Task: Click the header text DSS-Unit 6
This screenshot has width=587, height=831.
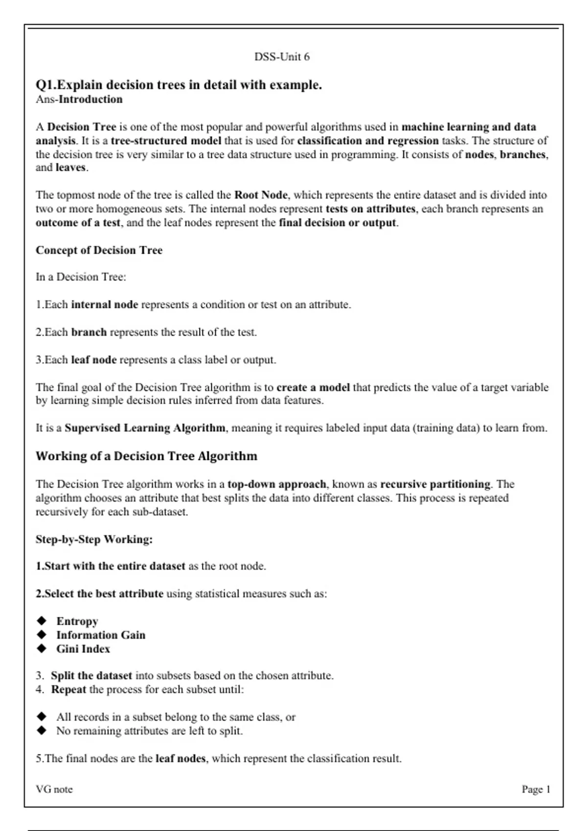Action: [282, 57]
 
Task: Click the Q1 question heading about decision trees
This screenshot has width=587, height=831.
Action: [179, 85]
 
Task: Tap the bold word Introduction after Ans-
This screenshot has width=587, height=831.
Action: [90, 99]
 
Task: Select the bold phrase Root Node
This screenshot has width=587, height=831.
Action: [261, 195]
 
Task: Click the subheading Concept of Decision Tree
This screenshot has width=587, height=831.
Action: [99, 250]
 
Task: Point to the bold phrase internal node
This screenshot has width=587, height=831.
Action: [105, 305]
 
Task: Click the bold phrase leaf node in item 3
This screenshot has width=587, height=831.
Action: [94, 360]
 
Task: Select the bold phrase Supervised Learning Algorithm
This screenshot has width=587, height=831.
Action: [145, 428]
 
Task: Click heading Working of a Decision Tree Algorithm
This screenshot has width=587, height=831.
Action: [146, 456]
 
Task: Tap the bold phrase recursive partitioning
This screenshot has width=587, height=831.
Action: [435, 484]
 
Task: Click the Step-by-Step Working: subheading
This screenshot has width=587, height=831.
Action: [94, 539]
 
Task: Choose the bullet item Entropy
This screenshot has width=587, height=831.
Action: [77, 621]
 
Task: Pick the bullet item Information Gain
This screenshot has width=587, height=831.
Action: [101, 635]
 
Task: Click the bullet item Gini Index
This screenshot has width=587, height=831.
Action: [83, 649]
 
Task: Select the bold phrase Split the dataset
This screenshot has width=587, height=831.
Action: [91, 676]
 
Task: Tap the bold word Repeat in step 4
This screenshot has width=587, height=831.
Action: [68, 689]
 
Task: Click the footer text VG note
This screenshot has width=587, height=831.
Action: [54, 789]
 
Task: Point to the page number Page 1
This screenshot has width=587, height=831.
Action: [536, 789]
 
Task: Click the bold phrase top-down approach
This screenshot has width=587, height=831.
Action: [277, 484]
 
